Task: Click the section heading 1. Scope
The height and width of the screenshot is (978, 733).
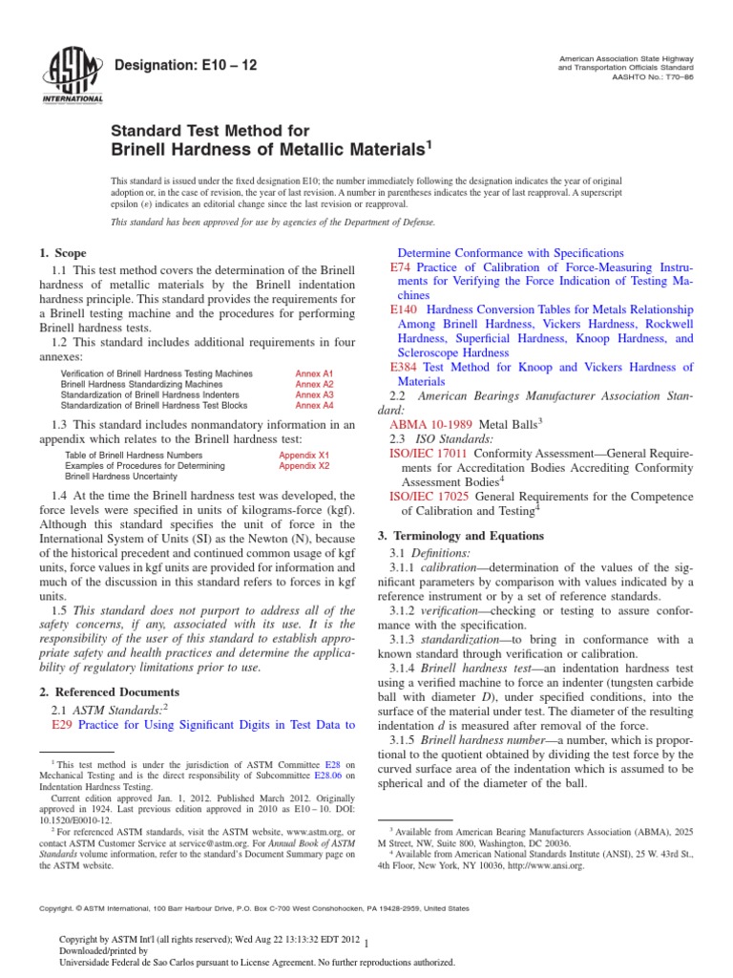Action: [62, 253]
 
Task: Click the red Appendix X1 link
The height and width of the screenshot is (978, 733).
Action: [304, 456]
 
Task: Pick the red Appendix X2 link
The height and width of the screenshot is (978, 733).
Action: [304, 466]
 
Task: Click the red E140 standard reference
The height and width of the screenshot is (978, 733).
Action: [405, 310]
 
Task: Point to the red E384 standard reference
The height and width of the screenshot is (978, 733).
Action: [405, 367]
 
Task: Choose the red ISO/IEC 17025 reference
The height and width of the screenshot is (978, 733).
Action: [429, 497]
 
